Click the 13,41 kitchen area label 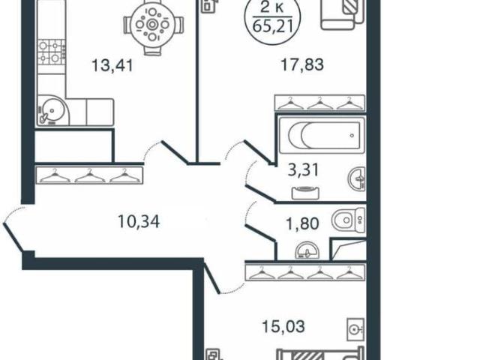[x=113, y=65]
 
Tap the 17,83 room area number [x=302, y=65]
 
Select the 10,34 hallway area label [x=139, y=222]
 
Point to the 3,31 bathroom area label [x=303, y=170]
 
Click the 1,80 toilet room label [x=302, y=223]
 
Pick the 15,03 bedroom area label [x=283, y=326]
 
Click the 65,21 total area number [x=272, y=27]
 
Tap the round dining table [x=152, y=24]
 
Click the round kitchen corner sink [x=52, y=111]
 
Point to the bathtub [x=322, y=135]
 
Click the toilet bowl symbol [x=349, y=220]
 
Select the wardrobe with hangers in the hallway [x=89, y=175]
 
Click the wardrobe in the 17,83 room [x=320, y=103]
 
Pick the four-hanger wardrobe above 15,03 [x=305, y=273]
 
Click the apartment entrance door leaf [x=13, y=237]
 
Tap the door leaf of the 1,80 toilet [x=261, y=233]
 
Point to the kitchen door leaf [x=175, y=152]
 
